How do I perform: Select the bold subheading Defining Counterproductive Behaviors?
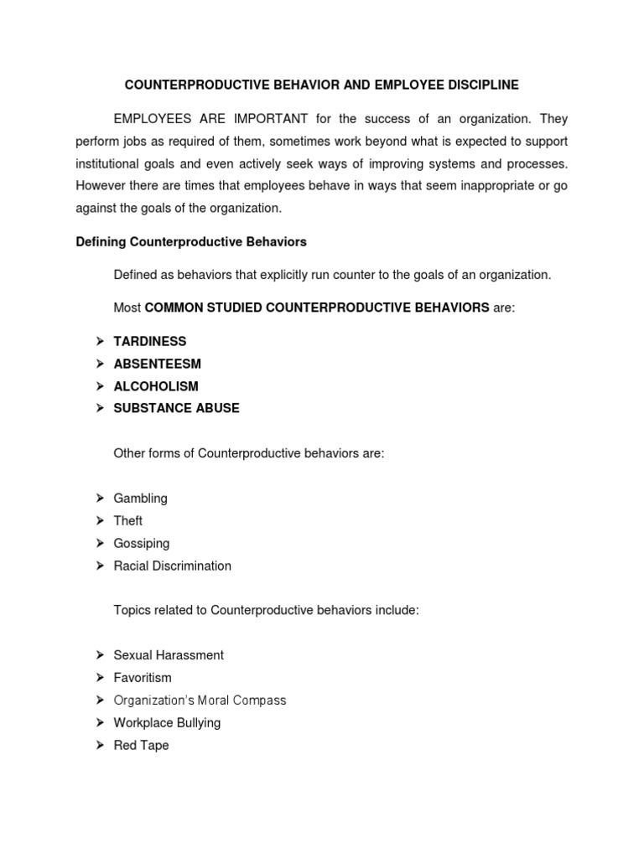tap(191, 242)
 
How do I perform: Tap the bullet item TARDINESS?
tap(150, 342)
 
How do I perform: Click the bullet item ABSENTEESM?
tap(158, 364)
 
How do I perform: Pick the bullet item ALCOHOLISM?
tap(156, 386)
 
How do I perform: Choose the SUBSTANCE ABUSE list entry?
tap(177, 409)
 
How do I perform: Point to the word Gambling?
tap(141, 499)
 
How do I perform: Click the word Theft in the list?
tap(128, 521)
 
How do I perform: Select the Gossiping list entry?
tap(142, 544)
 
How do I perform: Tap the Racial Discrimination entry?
tap(173, 566)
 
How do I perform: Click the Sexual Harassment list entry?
tap(169, 655)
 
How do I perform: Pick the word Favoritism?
tap(143, 678)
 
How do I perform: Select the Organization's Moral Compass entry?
tap(200, 700)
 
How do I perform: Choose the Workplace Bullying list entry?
tap(168, 723)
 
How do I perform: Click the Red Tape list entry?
tap(141, 746)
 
